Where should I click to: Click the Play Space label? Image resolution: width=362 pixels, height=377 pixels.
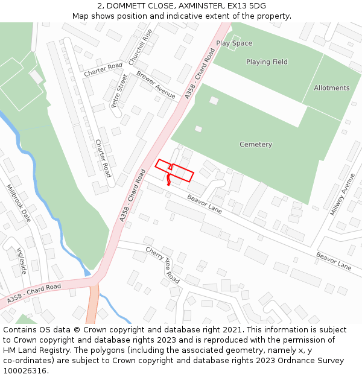(234, 43)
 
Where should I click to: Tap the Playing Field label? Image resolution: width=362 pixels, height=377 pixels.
(267, 62)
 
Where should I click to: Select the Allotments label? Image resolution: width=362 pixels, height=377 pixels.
(331, 88)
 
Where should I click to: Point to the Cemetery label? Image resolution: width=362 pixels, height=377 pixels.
(256, 145)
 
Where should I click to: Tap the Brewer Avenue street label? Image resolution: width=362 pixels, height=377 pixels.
(156, 85)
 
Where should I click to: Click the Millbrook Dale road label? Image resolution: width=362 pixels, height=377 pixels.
(18, 203)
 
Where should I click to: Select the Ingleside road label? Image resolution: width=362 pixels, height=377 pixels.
(22, 260)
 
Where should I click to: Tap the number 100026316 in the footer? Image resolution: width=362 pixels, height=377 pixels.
(25, 370)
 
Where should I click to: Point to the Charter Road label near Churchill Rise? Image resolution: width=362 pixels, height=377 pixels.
(103, 70)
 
